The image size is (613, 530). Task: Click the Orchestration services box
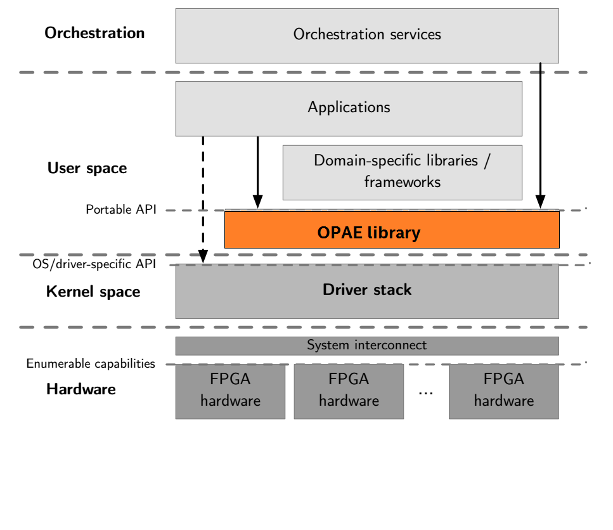367,36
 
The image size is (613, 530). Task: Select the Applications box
349,108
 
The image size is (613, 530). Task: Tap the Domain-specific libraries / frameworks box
403,172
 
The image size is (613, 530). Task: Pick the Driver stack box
367,291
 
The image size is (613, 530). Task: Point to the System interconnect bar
367,346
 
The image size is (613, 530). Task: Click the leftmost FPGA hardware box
230,391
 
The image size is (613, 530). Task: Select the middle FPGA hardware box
349,391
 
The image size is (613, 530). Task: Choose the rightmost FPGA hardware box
504,391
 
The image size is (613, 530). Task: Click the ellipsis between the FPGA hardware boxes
426,394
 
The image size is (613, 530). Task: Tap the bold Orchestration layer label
94,33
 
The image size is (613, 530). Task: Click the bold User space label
87,169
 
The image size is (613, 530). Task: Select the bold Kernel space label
93,292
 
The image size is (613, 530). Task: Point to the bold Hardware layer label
81,389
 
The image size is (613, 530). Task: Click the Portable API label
121,209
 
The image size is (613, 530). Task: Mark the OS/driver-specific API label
94,264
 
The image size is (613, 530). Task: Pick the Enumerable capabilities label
91,364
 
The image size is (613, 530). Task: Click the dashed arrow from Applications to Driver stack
203,197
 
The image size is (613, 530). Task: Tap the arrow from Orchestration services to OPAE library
540,133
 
